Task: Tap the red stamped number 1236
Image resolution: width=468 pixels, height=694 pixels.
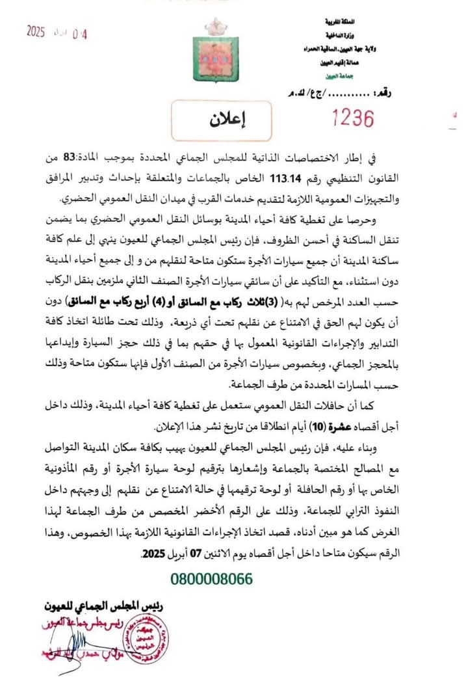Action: tap(353, 118)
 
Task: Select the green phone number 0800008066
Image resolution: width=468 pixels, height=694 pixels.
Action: tap(212, 579)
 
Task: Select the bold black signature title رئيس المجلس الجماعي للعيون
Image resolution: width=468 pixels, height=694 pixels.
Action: tap(104, 606)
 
